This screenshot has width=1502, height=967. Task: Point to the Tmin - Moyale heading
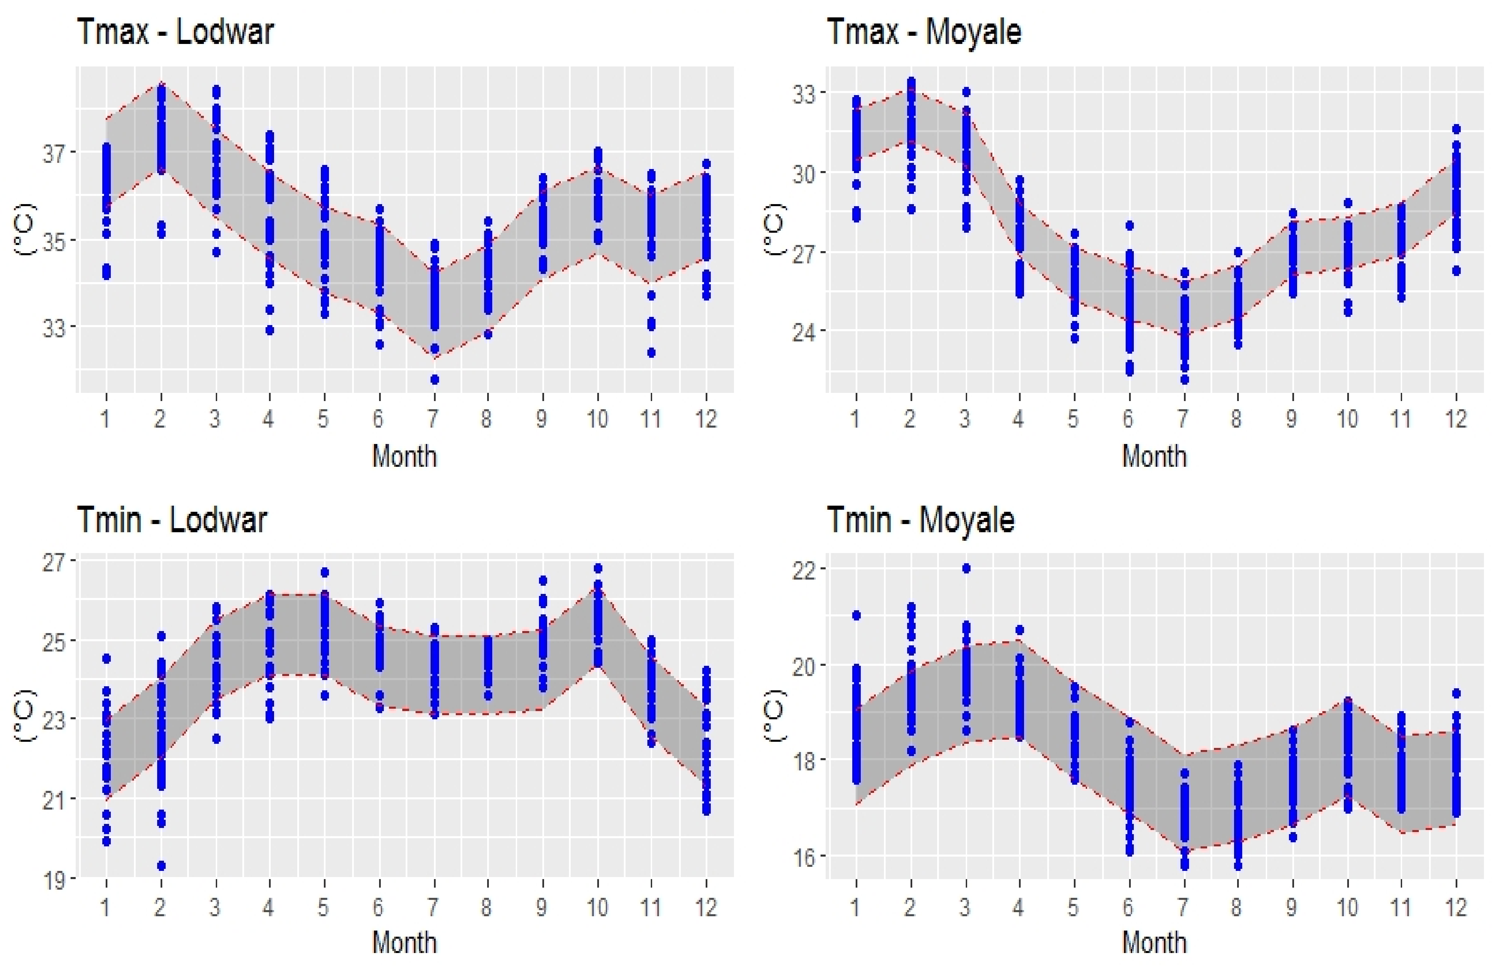click(920, 520)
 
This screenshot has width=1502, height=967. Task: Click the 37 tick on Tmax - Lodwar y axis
click(54, 153)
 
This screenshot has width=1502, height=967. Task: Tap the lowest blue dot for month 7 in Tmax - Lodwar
click(434, 379)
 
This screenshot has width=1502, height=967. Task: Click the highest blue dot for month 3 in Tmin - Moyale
click(966, 568)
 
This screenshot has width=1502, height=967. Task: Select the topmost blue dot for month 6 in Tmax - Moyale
click(1129, 226)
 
